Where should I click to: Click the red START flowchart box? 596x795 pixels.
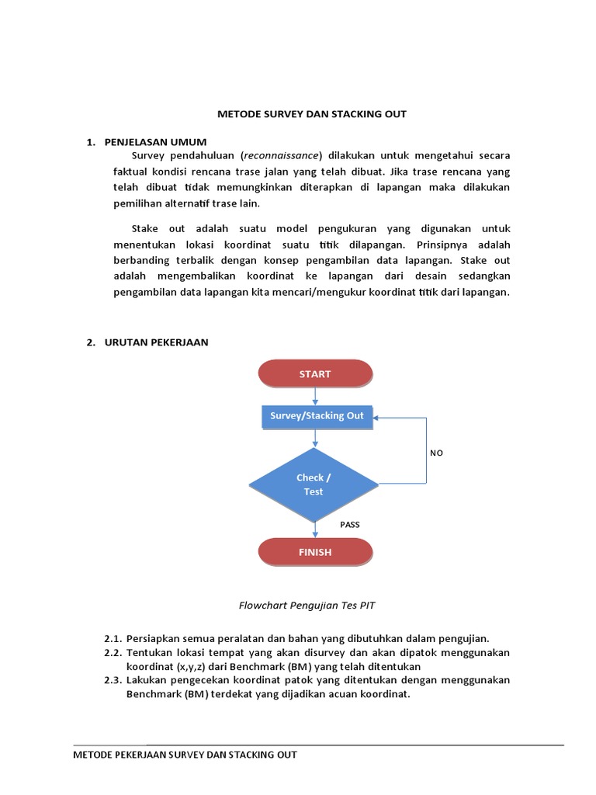click(315, 374)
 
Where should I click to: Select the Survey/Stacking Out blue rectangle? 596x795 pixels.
click(316, 416)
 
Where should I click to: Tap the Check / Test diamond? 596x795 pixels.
click(314, 485)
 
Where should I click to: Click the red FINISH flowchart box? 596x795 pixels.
click(315, 553)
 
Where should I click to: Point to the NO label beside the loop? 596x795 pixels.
click(436, 453)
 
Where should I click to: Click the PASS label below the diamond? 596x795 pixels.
click(350, 525)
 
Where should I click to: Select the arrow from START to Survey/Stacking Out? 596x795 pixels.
click(315, 396)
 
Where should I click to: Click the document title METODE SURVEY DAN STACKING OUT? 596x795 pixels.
click(311, 114)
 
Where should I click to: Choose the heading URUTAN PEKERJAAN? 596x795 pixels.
click(157, 342)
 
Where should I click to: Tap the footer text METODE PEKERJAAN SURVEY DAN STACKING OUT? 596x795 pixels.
click(185, 755)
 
